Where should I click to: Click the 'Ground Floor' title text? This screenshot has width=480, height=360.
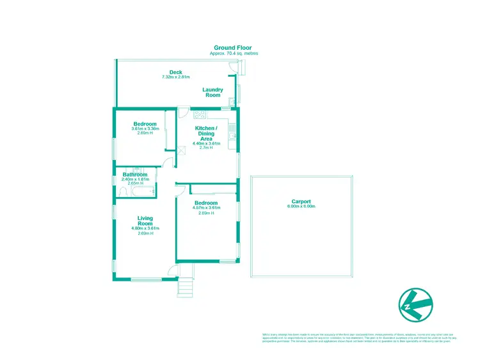click(234, 48)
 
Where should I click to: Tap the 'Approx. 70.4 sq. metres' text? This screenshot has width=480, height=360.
click(234, 54)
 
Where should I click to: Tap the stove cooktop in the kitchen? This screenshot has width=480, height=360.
click(199, 115)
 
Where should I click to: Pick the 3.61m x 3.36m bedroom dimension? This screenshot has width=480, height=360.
click(145, 129)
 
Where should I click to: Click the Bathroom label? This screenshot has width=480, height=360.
click(135, 175)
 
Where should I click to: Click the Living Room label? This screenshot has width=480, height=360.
click(145, 221)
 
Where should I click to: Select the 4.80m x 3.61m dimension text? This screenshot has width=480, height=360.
click(145, 228)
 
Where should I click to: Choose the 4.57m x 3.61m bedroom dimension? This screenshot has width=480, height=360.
click(207, 208)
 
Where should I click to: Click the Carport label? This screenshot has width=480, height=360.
click(301, 202)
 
